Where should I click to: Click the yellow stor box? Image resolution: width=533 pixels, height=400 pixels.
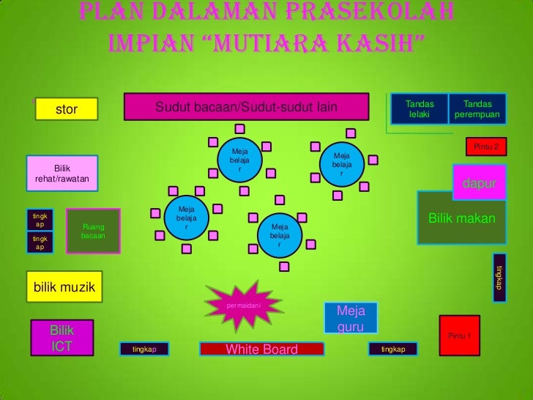click(x=66, y=109)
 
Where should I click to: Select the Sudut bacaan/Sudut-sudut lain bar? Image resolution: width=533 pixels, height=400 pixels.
click(x=246, y=107)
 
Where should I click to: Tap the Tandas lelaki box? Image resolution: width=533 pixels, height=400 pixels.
click(x=419, y=109)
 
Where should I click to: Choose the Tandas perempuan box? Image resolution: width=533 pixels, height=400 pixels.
click(x=477, y=109)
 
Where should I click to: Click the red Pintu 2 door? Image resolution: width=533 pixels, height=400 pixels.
click(x=486, y=147)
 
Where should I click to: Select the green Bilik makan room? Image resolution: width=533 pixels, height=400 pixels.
click(x=461, y=218)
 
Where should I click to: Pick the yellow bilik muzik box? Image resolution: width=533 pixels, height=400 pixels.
click(x=64, y=285)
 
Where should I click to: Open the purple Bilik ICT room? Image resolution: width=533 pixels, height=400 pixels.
click(x=62, y=338)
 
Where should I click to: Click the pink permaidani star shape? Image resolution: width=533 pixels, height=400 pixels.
click(x=243, y=303)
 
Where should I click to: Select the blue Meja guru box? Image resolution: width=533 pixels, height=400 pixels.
click(x=351, y=317)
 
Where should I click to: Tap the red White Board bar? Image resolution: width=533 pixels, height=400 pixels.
click(x=261, y=349)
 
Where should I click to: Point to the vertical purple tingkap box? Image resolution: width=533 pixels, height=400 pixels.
click(x=498, y=275)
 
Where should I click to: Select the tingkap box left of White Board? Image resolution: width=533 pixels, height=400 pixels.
click(x=144, y=349)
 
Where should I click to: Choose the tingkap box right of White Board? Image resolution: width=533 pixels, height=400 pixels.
click(x=392, y=349)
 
